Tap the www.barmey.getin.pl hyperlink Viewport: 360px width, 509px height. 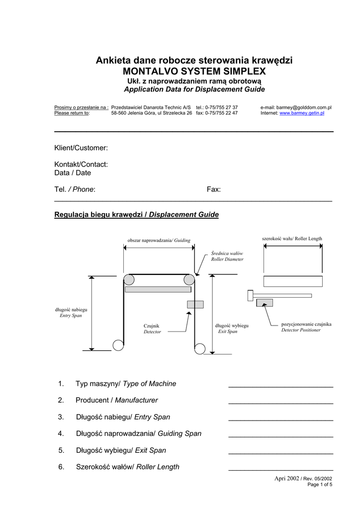302,113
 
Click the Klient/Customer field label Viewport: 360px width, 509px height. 81,148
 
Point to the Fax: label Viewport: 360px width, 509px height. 214,189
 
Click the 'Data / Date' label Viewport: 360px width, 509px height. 73,173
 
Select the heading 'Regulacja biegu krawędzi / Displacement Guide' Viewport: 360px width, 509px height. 136,215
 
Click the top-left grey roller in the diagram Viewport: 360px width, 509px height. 129,279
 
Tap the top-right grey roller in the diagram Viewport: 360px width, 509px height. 189,279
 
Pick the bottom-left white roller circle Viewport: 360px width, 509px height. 118,345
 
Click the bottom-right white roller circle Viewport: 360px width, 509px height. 200,348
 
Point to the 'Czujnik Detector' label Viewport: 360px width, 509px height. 152,329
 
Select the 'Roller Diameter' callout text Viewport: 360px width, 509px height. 227,259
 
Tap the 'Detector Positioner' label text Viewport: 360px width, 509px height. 301,330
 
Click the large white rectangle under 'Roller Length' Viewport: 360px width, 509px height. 292,281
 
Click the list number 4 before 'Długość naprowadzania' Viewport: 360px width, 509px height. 61,433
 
